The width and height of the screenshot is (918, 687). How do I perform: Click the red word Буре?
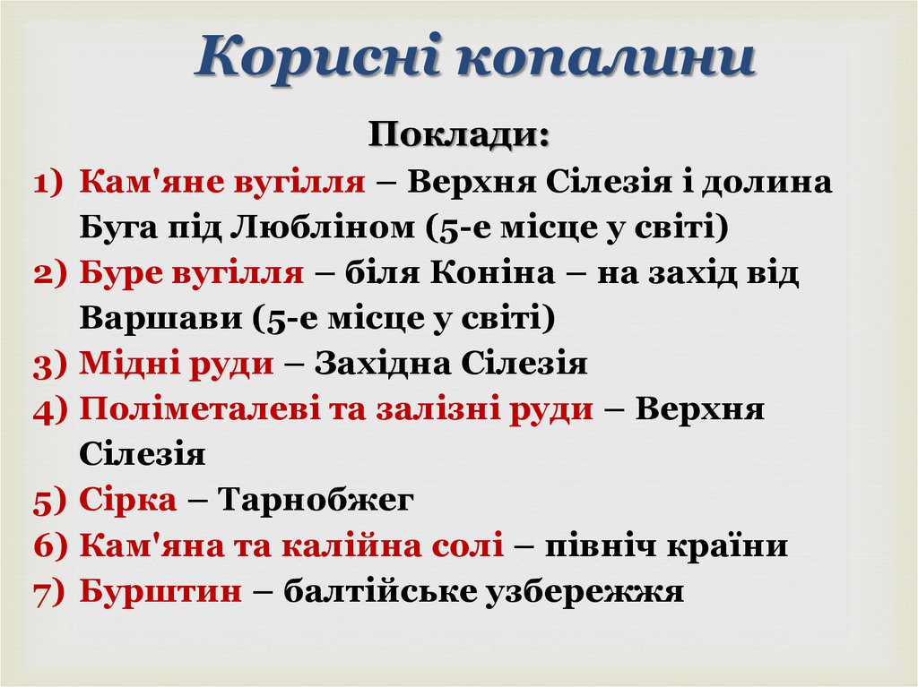(x=117, y=273)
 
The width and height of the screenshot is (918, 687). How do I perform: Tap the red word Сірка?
(x=127, y=500)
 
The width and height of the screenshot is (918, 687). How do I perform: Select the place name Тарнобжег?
(x=316, y=500)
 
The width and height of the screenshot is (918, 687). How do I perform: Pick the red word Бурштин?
(x=160, y=591)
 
